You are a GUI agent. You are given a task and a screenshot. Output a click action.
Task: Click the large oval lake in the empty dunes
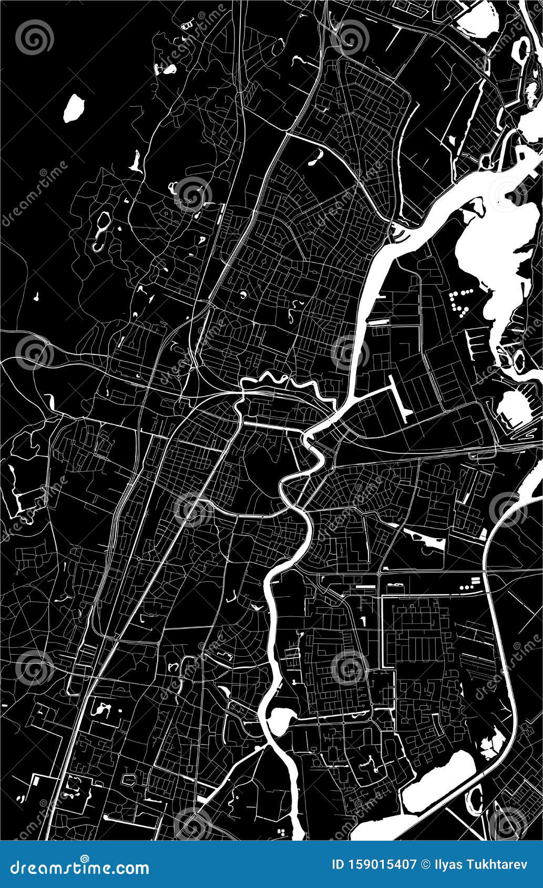(74, 108)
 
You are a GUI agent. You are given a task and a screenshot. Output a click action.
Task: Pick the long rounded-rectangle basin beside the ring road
(439, 781)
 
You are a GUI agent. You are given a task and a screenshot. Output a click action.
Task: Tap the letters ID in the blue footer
(340, 864)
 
